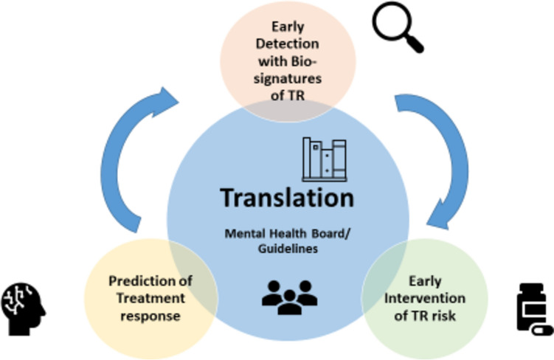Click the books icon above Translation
(x=323, y=159)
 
